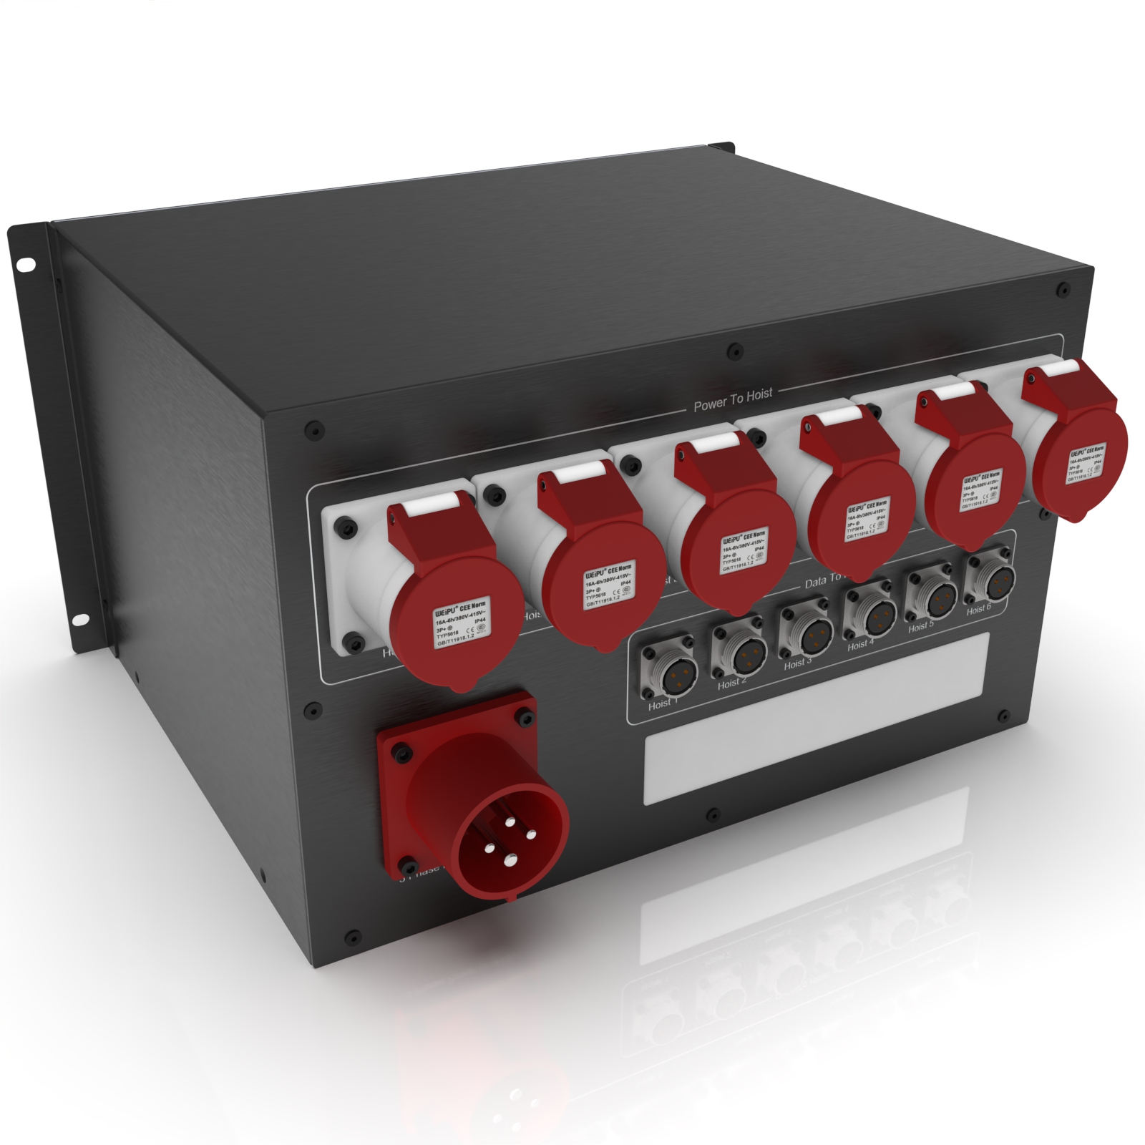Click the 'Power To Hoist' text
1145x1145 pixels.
733,399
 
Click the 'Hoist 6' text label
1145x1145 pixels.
978,609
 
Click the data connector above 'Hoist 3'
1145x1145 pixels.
807,631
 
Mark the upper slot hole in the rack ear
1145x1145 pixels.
26,265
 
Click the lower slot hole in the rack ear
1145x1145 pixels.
80,619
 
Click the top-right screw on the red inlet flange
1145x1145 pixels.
525,717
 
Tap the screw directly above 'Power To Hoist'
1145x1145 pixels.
734,352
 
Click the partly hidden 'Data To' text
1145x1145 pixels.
823,582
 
